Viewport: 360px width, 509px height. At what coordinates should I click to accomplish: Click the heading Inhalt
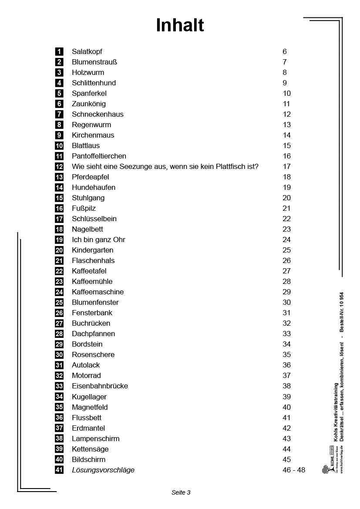pos(180,26)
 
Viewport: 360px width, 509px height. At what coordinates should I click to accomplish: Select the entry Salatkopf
pos(87,51)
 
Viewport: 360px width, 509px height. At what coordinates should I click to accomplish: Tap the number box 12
pos(59,166)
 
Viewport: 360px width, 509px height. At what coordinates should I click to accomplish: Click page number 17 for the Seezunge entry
pos(286,166)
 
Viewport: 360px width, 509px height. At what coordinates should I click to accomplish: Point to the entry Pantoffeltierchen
pos(99,156)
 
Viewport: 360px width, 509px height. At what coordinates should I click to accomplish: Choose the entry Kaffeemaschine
pos(98,292)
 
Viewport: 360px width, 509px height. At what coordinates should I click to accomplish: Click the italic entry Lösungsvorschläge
pos(103,470)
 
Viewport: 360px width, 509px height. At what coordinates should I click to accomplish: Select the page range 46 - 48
pos(294,470)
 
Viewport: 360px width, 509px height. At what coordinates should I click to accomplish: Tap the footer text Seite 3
pos(181,492)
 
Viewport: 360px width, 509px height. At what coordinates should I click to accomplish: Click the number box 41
pos(59,470)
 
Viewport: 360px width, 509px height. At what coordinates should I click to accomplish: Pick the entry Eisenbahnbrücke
pos(100,386)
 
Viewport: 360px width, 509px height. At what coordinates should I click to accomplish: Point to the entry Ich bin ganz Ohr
pos(98,239)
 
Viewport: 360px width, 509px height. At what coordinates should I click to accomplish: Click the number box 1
pos(59,51)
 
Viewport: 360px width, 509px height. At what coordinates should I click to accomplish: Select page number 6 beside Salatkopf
pos(285,51)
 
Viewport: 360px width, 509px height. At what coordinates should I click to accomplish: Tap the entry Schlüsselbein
pos(94,219)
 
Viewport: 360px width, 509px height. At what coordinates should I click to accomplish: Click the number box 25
pos(59,302)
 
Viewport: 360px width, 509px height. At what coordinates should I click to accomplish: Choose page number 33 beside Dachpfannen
pos(286,334)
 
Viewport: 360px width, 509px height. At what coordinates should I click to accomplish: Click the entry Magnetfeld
pos(90,407)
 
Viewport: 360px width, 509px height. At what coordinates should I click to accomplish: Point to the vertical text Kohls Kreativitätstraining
pos(336,412)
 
